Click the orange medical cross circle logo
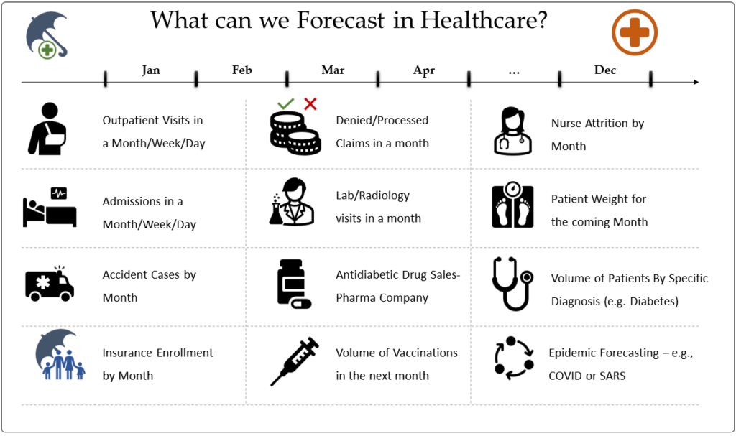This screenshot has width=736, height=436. pyautogui.click(x=635, y=32)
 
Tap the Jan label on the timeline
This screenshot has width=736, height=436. pyautogui.click(x=151, y=70)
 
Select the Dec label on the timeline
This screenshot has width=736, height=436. pyautogui.click(x=605, y=70)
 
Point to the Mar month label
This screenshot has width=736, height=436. pyautogui.click(x=333, y=70)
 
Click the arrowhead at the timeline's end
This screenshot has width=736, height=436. pyautogui.click(x=696, y=82)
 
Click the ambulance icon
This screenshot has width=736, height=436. pyautogui.click(x=50, y=284)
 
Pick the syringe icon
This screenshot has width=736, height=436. pyautogui.click(x=295, y=361)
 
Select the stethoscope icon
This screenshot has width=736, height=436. pyautogui.click(x=512, y=284)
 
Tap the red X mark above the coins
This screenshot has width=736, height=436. pyautogui.click(x=310, y=103)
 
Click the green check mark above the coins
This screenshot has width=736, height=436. pyautogui.click(x=285, y=103)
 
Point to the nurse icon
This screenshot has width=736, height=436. pyautogui.click(x=512, y=131)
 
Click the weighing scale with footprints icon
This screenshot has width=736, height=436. pyautogui.click(x=512, y=205)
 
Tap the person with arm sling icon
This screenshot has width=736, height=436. pyautogui.click(x=47, y=129)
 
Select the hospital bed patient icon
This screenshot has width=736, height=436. pyautogui.click(x=50, y=207)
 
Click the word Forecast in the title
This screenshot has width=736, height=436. pyautogui.click(x=341, y=20)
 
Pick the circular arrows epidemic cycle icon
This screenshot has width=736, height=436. pyautogui.click(x=514, y=358)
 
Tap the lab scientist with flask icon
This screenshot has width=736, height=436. pyautogui.click(x=292, y=202)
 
